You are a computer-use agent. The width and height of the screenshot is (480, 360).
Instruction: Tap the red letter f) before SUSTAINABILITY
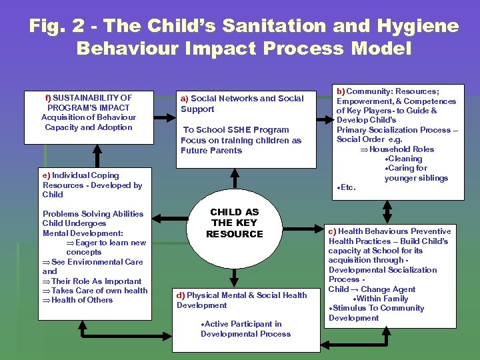tap(48, 98)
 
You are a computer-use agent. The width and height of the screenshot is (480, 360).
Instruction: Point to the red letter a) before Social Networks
tap(185, 99)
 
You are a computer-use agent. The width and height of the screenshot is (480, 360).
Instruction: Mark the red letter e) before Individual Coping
tap(46, 175)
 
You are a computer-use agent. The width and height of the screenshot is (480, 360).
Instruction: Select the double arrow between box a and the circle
tap(235, 179)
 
